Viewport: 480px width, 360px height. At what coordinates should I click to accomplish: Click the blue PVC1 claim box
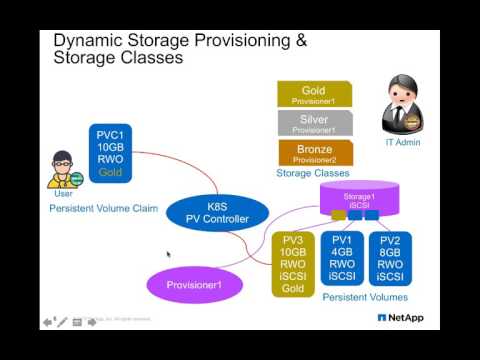[x=109, y=153]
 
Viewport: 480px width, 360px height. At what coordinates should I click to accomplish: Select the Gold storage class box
[x=313, y=94]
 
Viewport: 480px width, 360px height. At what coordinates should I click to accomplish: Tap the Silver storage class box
[x=313, y=123]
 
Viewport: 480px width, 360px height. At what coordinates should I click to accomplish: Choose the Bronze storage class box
[x=313, y=153]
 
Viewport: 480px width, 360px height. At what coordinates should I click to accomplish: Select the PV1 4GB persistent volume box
[x=342, y=258]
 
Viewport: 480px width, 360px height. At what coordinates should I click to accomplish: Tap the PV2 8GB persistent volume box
[x=389, y=258]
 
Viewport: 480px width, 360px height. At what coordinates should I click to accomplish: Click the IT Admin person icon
[x=402, y=103]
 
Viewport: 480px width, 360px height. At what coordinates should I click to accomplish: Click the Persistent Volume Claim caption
[x=104, y=208]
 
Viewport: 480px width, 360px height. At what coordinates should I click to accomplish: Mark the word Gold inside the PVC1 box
[x=109, y=172]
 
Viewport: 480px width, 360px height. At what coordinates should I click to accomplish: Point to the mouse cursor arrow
[x=168, y=254]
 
